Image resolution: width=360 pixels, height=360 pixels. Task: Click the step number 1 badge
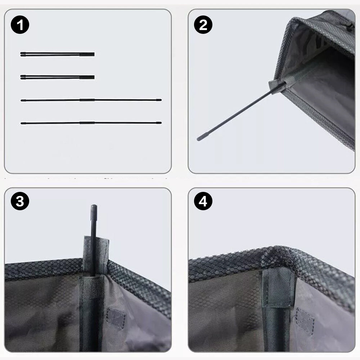click(20, 25)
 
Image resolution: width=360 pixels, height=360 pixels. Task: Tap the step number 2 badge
click(203, 25)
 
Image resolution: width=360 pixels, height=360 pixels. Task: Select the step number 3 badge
click(20, 201)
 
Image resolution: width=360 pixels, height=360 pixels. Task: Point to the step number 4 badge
click(203, 201)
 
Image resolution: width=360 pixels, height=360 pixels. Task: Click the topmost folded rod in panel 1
click(57, 54)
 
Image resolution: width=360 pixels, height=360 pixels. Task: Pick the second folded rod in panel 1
click(57, 77)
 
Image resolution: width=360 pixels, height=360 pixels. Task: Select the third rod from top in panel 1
click(91, 100)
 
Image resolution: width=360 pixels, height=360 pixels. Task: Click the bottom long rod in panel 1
click(91, 123)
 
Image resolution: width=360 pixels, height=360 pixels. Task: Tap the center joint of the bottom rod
click(87, 123)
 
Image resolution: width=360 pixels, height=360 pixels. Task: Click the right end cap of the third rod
click(159, 100)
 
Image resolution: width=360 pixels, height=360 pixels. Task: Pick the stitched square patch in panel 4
click(305, 321)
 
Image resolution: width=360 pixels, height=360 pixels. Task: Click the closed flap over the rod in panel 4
click(279, 287)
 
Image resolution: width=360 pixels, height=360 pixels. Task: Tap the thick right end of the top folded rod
click(87, 54)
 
